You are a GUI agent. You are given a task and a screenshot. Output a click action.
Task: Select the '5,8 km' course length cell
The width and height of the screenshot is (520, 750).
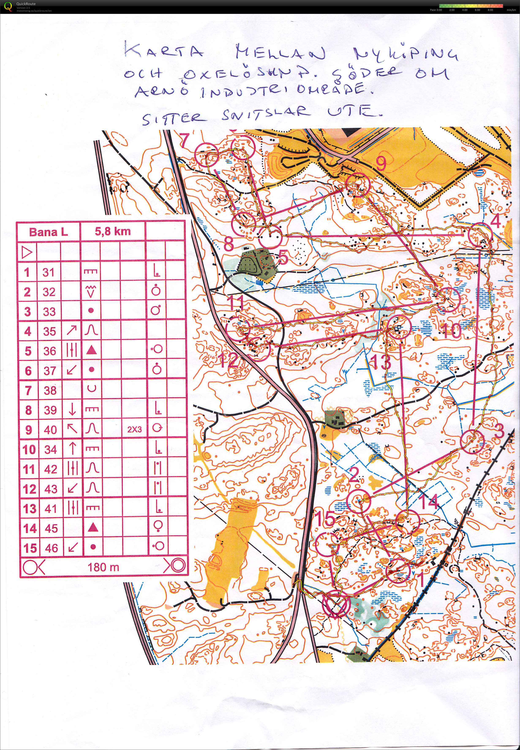click(x=113, y=231)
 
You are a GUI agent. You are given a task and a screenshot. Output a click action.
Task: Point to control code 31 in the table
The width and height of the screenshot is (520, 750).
click(x=49, y=272)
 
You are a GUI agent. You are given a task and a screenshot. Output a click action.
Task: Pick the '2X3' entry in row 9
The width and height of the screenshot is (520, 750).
click(x=134, y=430)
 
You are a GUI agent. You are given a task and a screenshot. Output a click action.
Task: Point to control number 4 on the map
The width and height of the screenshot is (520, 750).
click(x=495, y=222)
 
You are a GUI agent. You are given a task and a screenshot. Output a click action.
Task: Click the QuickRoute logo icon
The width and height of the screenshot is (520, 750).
click(x=8, y=7)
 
